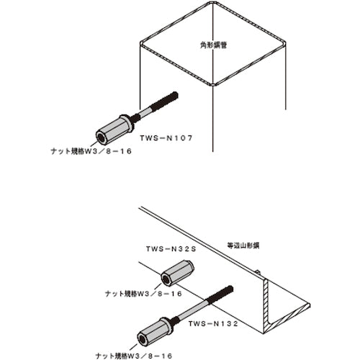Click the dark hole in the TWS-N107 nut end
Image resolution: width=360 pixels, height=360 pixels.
[x=101, y=138]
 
